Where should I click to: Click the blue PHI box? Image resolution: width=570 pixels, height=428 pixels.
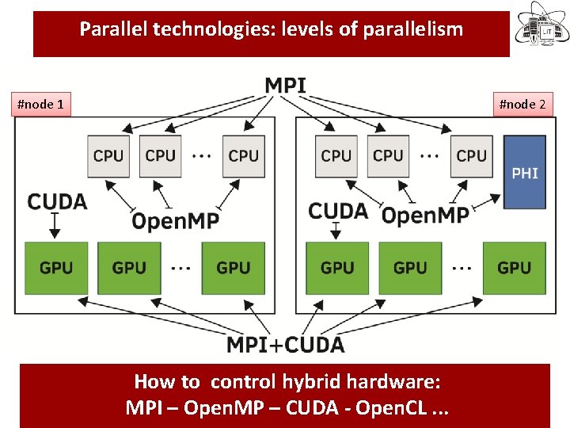click(525, 172)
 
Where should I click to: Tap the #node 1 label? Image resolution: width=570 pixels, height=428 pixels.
click(41, 104)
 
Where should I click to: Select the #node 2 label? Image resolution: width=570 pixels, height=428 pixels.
click(522, 104)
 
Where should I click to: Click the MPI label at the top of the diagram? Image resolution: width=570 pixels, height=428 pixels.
click(285, 84)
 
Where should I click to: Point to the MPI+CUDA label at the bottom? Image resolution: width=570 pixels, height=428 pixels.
click(285, 345)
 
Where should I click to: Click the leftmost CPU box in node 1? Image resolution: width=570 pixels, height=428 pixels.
click(108, 155)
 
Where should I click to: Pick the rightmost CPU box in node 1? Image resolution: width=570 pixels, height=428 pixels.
click(243, 155)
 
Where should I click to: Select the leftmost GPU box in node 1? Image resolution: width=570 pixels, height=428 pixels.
click(55, 268)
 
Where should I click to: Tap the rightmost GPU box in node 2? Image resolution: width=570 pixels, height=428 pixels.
click(514, 268)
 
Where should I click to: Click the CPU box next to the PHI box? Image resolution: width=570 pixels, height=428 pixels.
click(471, 155)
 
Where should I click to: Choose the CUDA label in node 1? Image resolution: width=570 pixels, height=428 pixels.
click(57, 201)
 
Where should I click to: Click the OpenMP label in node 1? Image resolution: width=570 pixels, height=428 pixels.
click(175, 221)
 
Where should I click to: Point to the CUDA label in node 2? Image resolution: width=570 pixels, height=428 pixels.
click(338, 211)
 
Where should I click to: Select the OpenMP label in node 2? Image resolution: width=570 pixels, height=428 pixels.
click(424, 214)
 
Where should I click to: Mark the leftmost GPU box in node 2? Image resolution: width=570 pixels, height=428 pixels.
click(337, 268)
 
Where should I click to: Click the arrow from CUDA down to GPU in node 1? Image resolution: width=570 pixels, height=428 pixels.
click(55, 227)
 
